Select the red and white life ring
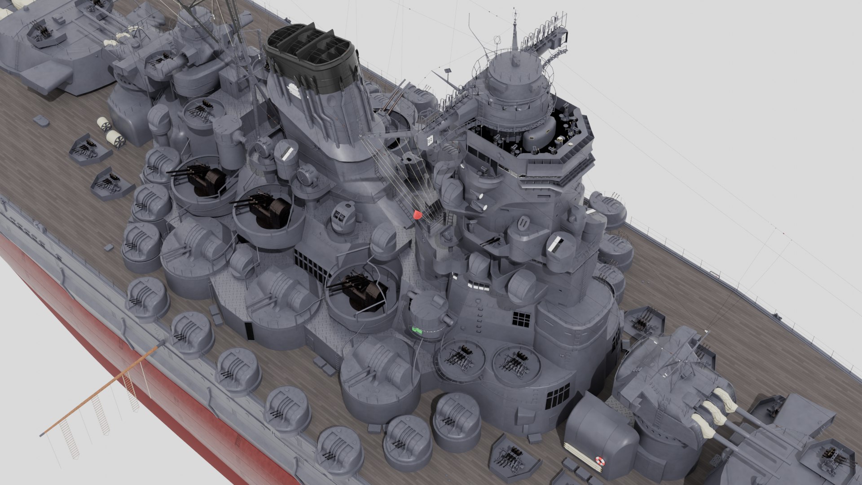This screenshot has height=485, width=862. tap(599, 460)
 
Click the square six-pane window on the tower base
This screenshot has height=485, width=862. tap(521, 319)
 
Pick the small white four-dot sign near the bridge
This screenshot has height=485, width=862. tap(430, 140)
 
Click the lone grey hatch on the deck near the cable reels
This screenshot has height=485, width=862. tap(40, 120)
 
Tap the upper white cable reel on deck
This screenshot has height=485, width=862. tap(104, 122)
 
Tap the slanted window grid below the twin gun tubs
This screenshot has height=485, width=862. tap(558, 396)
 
